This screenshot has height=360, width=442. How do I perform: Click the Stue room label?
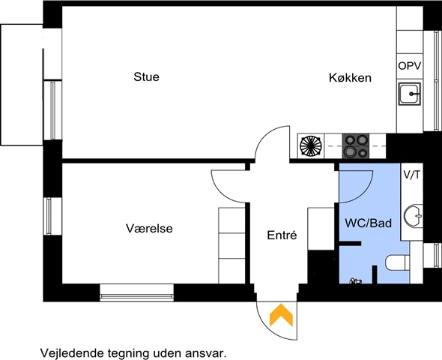(x=146, y=76)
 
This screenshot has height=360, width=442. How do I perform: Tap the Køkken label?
(x=350, y=77)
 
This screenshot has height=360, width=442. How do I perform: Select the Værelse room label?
(x=149, y=228)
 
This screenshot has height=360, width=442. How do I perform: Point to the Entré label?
(x=282, y=235)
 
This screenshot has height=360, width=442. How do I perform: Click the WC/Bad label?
(x=369, y=223)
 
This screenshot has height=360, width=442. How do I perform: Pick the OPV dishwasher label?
(x=410, y=66)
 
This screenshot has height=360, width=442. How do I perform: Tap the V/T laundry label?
(x=411, y=175)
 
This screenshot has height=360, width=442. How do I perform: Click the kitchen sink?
(x=410, y=94)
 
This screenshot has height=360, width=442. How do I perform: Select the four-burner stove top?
(x=356, y=145)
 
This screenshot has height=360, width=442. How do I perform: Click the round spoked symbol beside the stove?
(x=311, y=145)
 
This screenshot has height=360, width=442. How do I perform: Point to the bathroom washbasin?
(x=414, y=216)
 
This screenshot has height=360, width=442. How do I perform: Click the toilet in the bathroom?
(x=398, y=262)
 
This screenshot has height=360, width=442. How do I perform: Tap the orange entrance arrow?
(x=282, y=315)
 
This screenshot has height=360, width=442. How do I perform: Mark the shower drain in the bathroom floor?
(x=355, y=280)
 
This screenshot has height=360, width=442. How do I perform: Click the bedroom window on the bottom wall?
(x=136, y=292)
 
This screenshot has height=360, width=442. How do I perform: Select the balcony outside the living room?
(x=22, y=85)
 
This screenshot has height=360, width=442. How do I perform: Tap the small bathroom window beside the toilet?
(x=433, y=255)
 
